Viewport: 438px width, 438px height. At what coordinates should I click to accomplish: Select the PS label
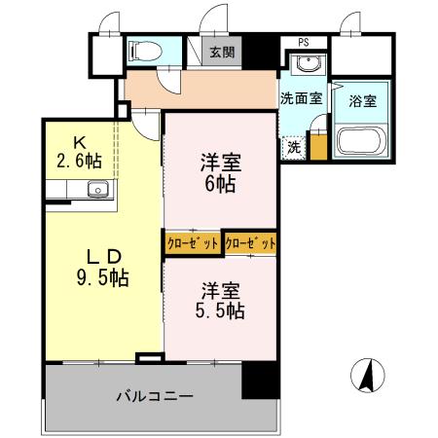304,42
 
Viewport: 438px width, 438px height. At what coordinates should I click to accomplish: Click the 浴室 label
362,100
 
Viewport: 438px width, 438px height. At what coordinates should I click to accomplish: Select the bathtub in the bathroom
361,142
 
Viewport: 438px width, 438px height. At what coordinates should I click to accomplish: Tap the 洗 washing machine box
293,148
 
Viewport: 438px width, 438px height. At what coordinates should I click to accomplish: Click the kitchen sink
97,189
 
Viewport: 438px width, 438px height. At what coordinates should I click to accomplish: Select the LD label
104,256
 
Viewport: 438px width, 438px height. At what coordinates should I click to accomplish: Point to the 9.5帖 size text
104,276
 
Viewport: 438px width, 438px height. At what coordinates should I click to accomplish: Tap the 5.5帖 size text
223,310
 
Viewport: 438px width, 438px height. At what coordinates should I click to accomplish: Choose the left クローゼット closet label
193,243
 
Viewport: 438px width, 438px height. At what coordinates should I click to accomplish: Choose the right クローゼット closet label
249,243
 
